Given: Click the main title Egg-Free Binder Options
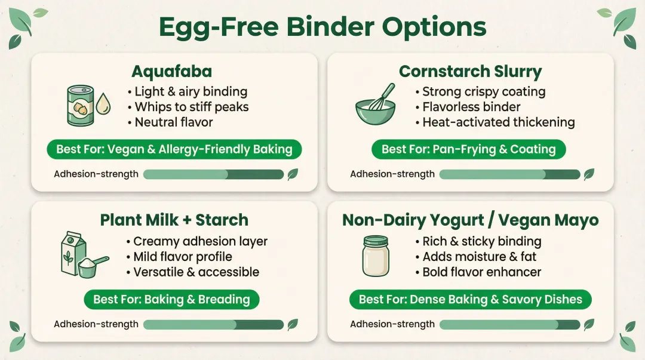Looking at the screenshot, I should pyautogui.click(x=322, y=27).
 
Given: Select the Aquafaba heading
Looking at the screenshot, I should pyautogui.click(x=171, y=72).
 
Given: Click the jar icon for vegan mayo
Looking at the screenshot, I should pyautogui.click(x=376, y=256).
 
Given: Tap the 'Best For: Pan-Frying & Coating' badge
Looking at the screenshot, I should pyautogui.click(x=468, y=149).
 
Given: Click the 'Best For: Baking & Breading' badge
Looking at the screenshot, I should pyautogui.click(x=171, y=299).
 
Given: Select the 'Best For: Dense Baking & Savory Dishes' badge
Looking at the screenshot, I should pyautogui.click(x=470, y=299).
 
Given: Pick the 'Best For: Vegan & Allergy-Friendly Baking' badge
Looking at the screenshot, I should pyautogui.click(x=175, y=149).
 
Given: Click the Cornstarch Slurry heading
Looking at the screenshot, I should pyautogui.click(x=470, y=72).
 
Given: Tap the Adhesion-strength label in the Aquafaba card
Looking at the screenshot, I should pyautogui.click(x=96, y=174).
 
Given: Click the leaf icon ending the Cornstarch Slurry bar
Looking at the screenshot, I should pyautogui.click(x=589, y=174).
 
